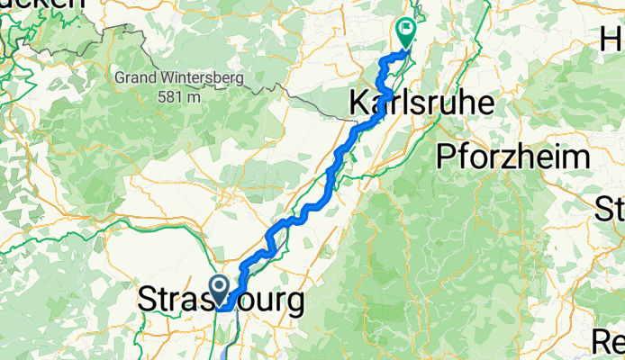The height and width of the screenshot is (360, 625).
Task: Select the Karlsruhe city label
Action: pyautogui.click(x=421, y=103)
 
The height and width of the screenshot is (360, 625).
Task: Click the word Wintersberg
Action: pyautogui.click(x=203, y=78)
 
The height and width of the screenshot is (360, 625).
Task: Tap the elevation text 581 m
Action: pyautogui.click(x=180, y=94)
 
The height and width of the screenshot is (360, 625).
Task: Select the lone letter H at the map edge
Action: pyautogui.click(x=612, y=40)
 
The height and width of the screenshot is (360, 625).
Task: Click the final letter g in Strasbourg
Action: pyautogui.click(x=293, y=302)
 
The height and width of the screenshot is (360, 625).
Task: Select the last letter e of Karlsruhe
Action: pyautogui.click(x=485, y=103)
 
